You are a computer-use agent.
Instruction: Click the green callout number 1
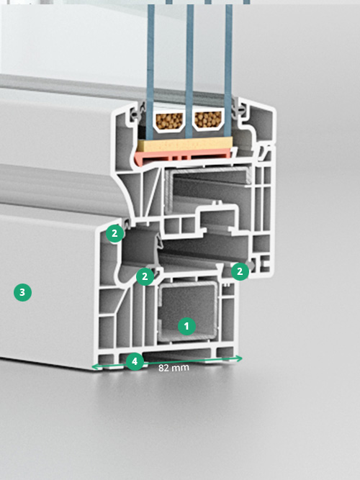click(187, 326)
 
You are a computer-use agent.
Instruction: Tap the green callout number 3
click(22, 292)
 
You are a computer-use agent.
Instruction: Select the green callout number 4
click(135, 361)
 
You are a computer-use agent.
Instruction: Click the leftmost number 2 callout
click(114, 234)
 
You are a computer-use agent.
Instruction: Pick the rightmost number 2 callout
click(240, 271)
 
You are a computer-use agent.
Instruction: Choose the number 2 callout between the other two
click(145, 277)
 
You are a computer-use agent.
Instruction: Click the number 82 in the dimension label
click(163, 368)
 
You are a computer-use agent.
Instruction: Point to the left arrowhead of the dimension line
click(96, 366)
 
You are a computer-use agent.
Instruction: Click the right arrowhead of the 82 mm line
click(238, 358)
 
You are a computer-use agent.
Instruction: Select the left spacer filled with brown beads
click(168, 122)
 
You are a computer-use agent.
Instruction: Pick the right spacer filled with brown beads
click(208, 121)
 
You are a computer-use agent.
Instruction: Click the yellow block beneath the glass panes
click(185, 144)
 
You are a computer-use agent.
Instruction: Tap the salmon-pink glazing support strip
click(183, 157)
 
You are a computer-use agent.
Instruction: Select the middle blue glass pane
click(189, 71)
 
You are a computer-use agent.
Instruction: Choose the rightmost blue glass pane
click(228, 71)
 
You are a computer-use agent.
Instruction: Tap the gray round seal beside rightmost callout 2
click(251, 266)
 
